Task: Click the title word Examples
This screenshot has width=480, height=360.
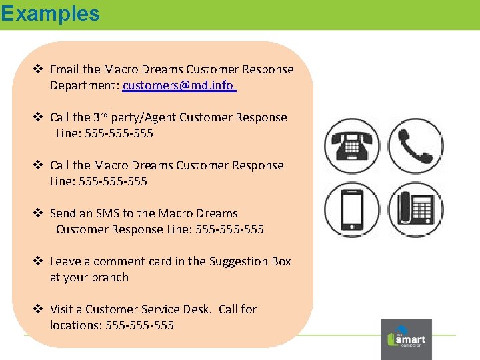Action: [50, 13]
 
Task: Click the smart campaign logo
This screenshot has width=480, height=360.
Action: [406, 339]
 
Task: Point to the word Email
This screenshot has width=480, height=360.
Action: [65, 69]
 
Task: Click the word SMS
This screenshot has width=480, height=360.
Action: [107, 213]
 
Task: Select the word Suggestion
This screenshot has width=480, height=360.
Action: [239, 261]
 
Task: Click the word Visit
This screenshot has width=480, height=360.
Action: [61, 309]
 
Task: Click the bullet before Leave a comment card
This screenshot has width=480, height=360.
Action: [39, 261]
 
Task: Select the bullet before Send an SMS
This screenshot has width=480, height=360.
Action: [39, 213]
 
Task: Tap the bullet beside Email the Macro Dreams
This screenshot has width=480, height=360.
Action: [39, 69]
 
